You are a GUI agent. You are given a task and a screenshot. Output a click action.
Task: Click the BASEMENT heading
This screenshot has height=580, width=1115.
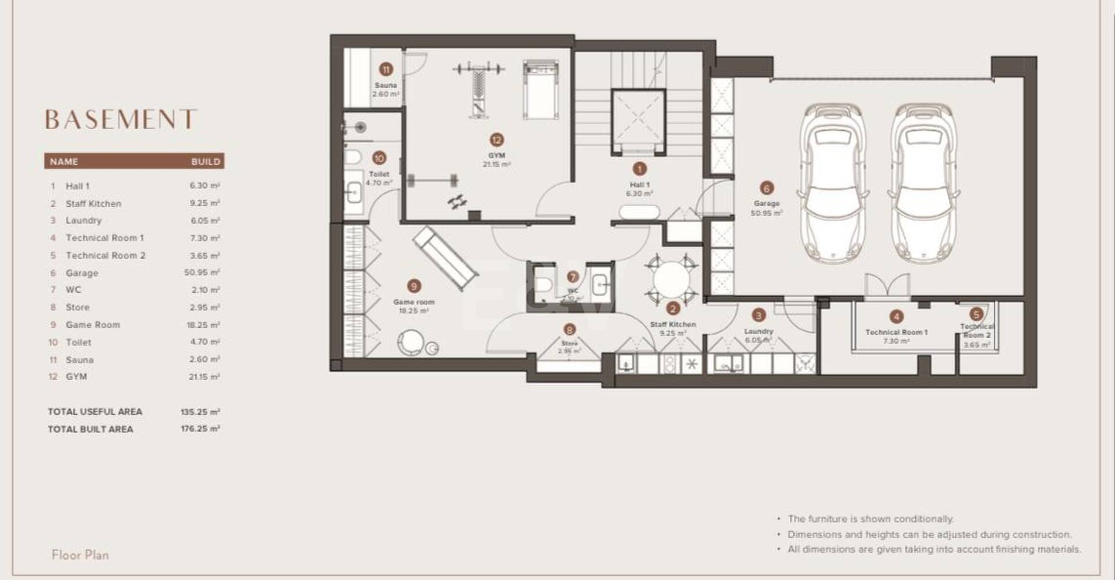pyautogui.click(x=121, y=120)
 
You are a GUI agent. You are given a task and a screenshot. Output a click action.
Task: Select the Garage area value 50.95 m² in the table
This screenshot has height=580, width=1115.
pyautogui.click(x=202, y=273)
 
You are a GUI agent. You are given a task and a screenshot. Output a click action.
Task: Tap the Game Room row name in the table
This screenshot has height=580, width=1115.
pyautogui.click(x=93, y=325)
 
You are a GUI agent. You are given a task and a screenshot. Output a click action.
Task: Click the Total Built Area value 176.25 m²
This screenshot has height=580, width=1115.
pyautogui.click(x=200, y=429)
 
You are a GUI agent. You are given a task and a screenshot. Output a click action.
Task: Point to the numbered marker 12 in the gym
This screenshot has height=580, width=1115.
pyautogui.click(x=496, y=140)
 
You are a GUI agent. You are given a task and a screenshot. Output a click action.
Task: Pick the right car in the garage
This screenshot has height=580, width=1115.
pyautogui.click(x=923, y=183)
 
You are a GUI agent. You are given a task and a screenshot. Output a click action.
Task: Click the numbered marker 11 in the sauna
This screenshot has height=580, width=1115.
pyautogui.click(x=386, y=70)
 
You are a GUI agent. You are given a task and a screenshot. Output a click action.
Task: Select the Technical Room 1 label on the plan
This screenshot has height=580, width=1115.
pyautogui.click(x=896, y=332)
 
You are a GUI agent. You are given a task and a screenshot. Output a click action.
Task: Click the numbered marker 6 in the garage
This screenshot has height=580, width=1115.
pyautogui.click(x=766, y=188)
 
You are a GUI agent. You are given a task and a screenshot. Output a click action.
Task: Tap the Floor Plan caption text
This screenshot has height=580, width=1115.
pyautogui.click(x=80, y=555)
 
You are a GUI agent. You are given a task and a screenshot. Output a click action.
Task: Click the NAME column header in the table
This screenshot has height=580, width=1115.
pyautogui.click(x=64, y=162)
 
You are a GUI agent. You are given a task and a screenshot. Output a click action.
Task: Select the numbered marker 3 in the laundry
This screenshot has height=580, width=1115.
pyautogui.click(x=758, y=316)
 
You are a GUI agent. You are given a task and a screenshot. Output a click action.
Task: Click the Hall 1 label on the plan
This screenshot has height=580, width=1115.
pyautogui.click(x=639, y=185)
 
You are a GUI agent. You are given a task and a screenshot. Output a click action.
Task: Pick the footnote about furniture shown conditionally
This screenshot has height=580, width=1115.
pyautogui.click(x=870, y=518)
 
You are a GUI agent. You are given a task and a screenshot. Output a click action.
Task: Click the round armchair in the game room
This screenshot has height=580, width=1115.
pyautogui.click(x=411, y=342)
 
